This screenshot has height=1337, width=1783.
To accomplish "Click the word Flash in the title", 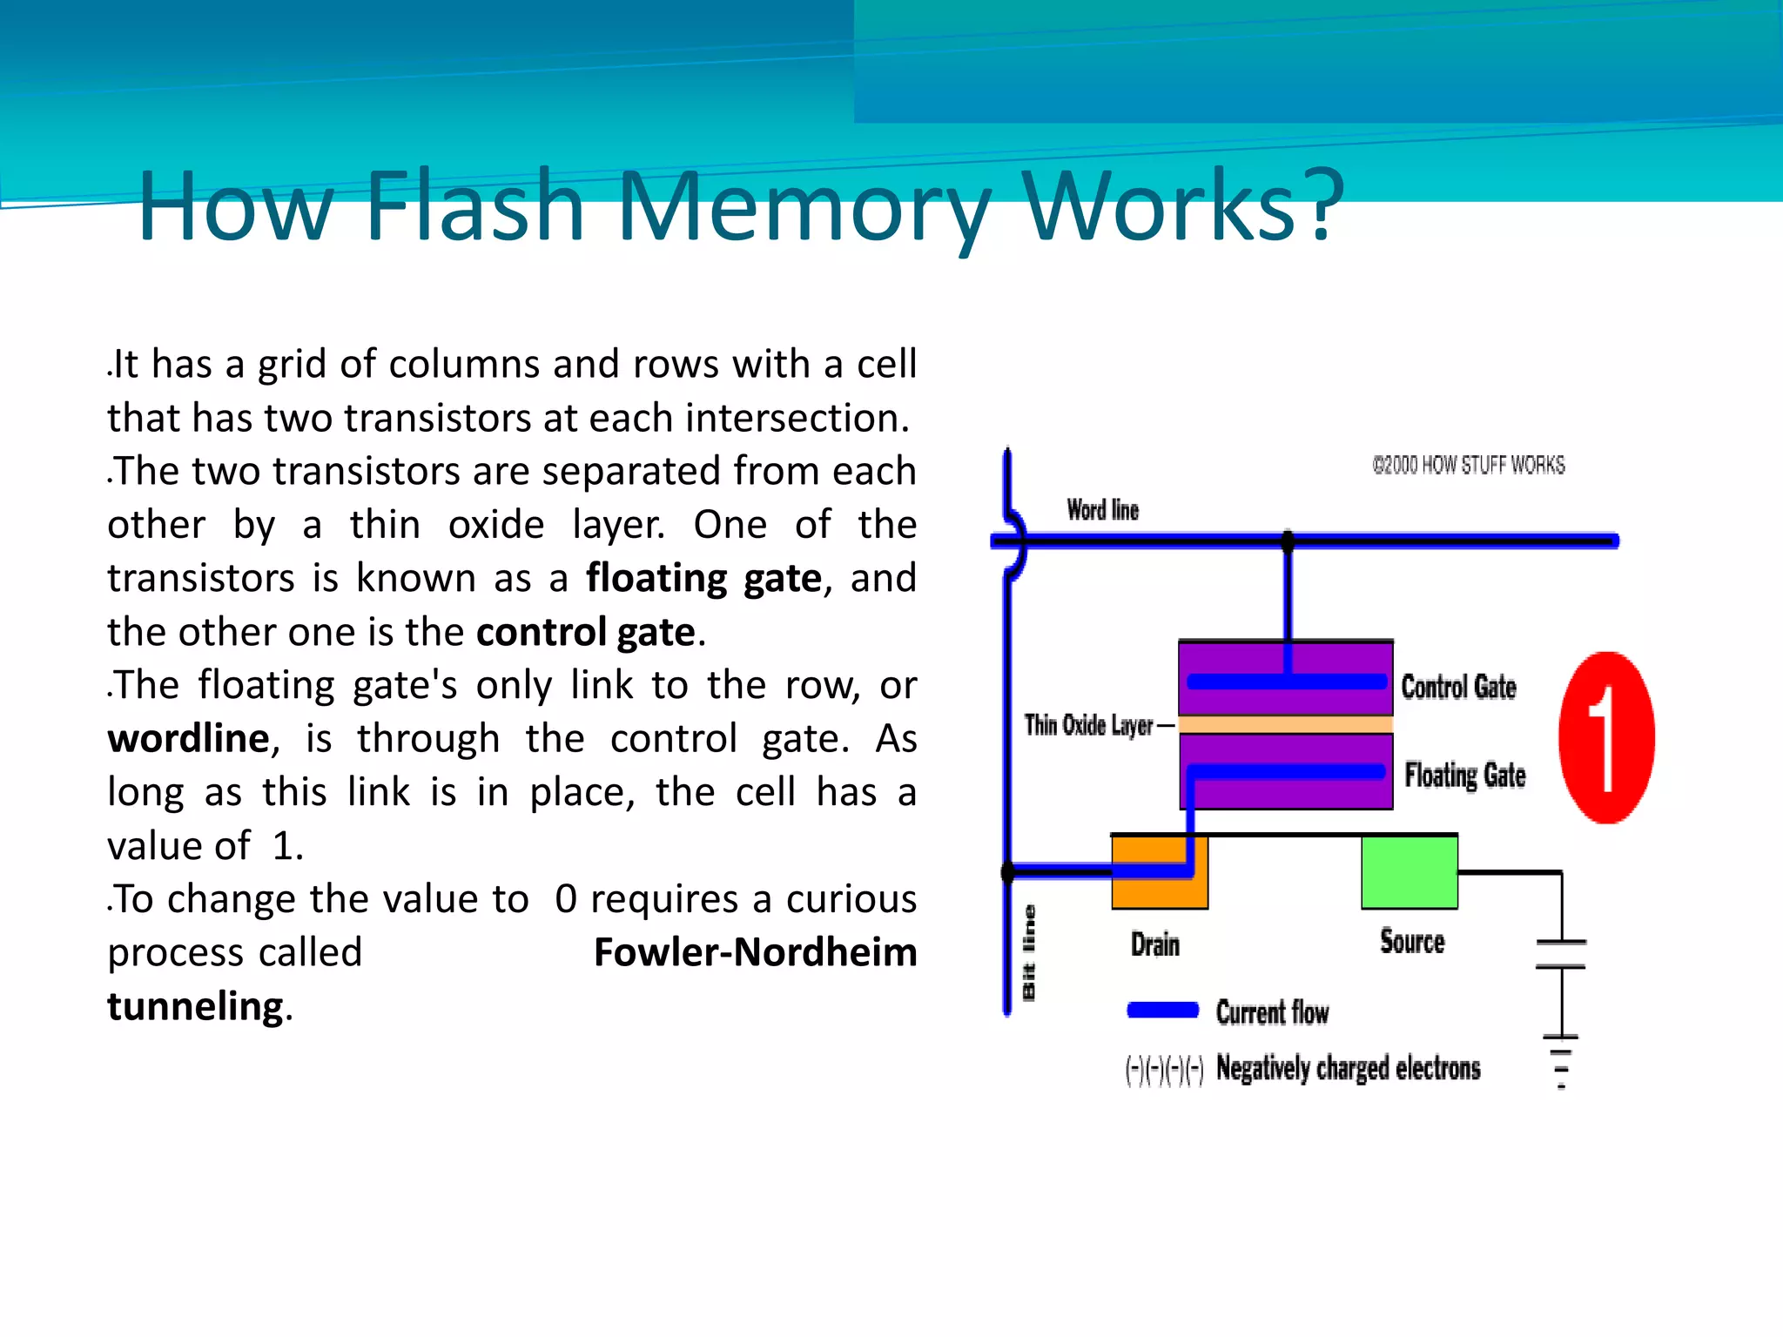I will [x=474, y=206].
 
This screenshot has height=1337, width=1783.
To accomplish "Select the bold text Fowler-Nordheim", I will [x=755, y=952].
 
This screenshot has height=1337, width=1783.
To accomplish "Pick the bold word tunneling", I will [x=195, y=1006].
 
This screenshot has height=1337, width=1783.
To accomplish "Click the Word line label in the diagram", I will [x=1102, y=510].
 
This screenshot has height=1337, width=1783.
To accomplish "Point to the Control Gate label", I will [x=1458, y=687].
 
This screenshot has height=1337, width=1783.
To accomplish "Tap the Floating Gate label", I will [x=1464, y=775].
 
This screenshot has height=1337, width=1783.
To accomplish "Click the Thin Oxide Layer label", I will [x=1088, y=725].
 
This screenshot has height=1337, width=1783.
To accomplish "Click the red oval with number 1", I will [x=1606, y=737].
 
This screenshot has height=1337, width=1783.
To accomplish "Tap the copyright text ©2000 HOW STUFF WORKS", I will [x=1468, y=466].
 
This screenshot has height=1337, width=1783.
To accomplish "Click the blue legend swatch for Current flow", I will [x=1162, y=1010].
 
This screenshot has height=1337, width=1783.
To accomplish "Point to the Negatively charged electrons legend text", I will [x=1347, y=1067].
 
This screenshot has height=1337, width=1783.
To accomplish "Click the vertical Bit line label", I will [x=1029, y=953].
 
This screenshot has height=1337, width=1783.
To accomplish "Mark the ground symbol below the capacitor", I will [x=1561, y=1058].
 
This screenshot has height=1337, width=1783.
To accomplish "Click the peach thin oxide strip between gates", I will [x=1285, y=724].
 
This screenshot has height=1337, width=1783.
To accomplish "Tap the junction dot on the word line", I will [x=1288, y=541].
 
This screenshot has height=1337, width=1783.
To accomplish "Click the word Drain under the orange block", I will [x=1154, y=944].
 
